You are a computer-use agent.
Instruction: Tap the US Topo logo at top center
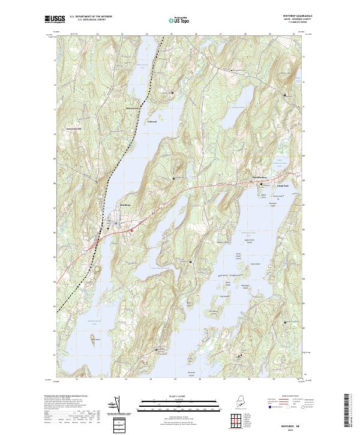click(176, 19)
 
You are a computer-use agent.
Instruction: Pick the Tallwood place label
click(152, 122)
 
